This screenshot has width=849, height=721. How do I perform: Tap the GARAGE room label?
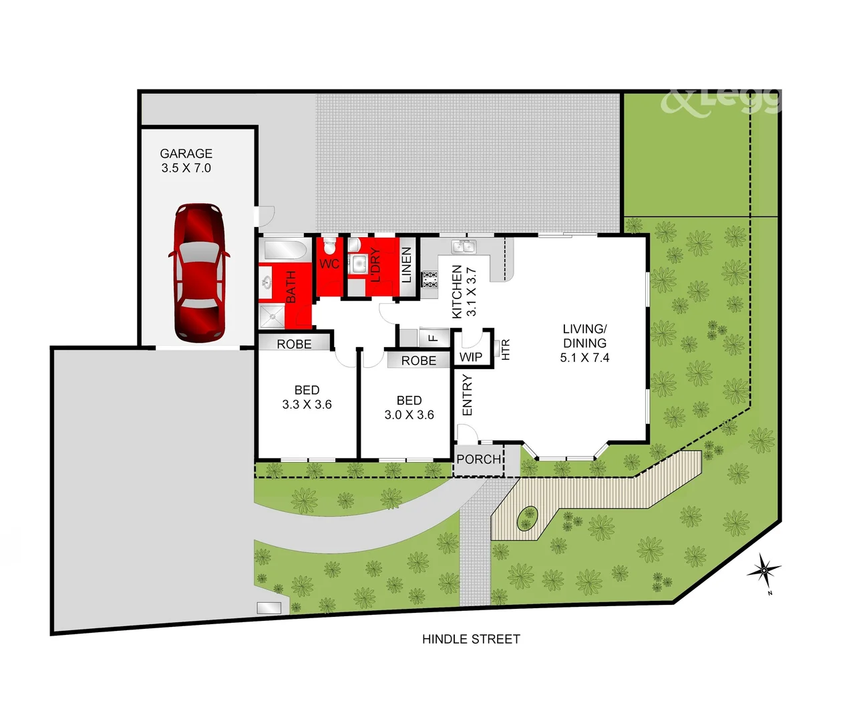point(186,161)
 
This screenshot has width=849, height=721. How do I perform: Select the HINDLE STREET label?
point(471,639)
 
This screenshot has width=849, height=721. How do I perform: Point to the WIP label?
point(471,356)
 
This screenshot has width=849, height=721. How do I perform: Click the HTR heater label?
point(505,350)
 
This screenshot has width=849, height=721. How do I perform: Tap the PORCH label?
point(478,459)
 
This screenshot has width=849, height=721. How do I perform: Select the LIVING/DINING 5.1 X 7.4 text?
point(584,343)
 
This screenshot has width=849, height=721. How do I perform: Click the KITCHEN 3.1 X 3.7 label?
point(464,292)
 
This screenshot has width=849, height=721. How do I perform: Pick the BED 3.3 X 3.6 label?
point(307,397)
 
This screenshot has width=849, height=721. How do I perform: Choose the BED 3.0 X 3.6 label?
point(409,407)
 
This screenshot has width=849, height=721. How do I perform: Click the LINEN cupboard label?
point(406,265)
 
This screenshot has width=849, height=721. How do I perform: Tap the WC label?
point(329,264)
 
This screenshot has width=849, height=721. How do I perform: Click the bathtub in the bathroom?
point(285,250)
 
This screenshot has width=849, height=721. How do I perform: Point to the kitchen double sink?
point(464,247)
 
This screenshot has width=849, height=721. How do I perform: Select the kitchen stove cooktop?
point(430,279)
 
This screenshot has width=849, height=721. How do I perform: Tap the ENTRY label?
point(467,395)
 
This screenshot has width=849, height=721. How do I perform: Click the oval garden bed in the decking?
point(528,518)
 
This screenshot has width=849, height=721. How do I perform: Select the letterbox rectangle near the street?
point(269,608)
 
